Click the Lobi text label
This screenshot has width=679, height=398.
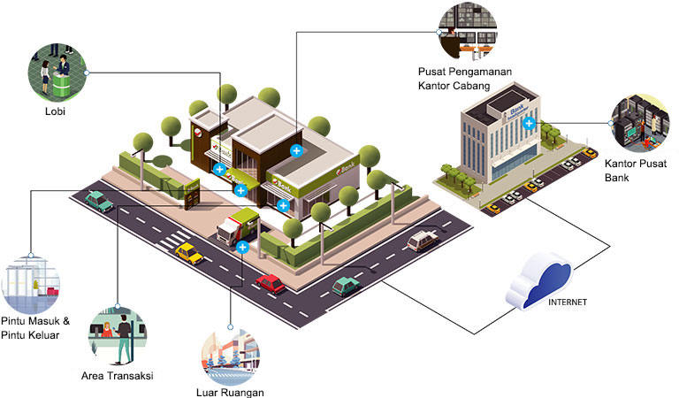click(x=55, y=111)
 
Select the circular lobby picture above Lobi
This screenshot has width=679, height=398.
click(x=57, y=73)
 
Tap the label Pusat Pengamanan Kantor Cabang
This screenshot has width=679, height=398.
click(x=465, y=79)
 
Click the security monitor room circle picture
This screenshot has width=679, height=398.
click(x=468, y=31)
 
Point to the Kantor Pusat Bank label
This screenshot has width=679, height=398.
click(x=636, y=170)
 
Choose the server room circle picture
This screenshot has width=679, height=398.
click(x=640, y=124)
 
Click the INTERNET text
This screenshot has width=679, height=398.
click(x=568, y=302)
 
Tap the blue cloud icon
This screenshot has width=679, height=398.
click(x=539, y=281)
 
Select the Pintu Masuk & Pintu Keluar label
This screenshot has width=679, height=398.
click(x=35, y=328)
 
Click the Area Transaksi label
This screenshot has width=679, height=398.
click(x=118, y=376)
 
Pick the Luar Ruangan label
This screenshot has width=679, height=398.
click(x=230, y=393)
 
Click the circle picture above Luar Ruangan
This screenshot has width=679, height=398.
click(x=231, y=356)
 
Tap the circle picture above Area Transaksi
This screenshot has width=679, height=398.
click(x=118, y=335)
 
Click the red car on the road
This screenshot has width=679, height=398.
click(x=271, y=284)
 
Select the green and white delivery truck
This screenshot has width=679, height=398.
click(x=238, y=226)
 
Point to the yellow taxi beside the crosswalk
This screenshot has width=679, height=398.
click(x=189, y=253)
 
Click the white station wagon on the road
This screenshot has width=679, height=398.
click(x=423, y=241)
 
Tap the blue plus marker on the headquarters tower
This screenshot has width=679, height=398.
click(x=529, y=124)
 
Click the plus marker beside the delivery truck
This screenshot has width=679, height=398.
click(x=242, y=248)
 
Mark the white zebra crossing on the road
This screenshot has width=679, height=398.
click(x=172, y=241)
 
